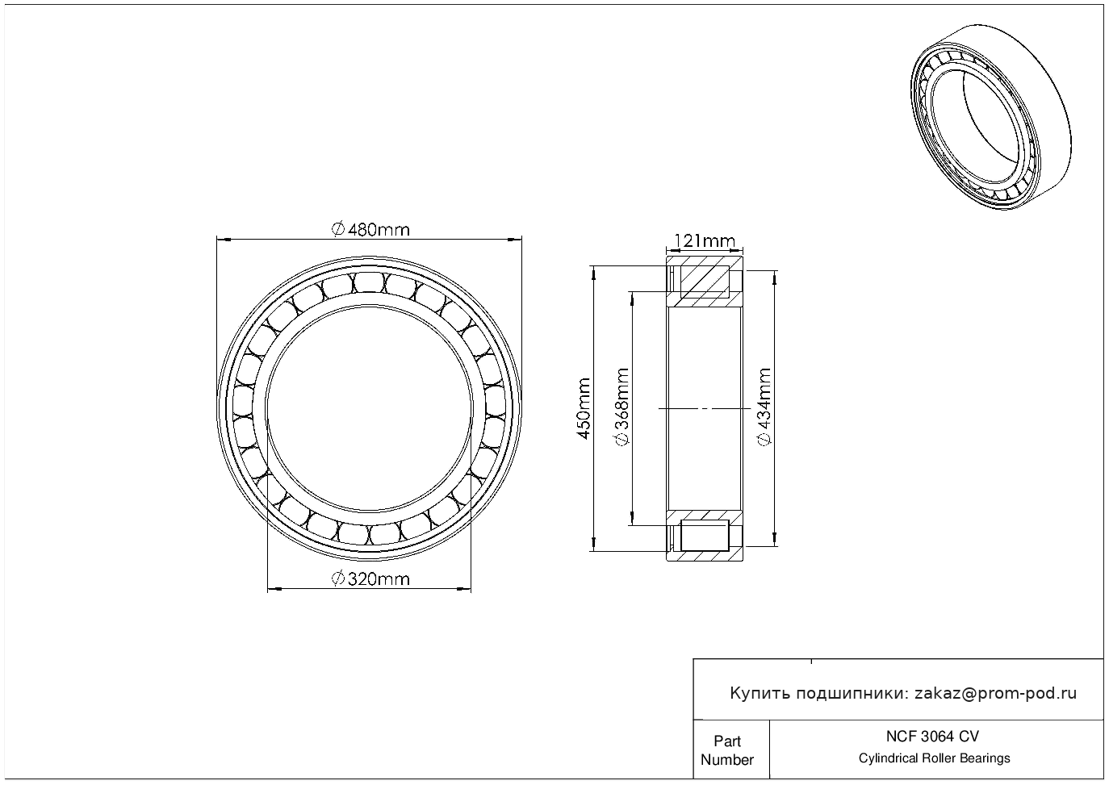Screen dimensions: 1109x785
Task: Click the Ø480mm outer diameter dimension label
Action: point(370,230)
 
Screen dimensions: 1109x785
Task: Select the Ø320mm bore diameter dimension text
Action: point(370,578)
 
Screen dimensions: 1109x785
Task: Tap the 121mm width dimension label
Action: point(705,241)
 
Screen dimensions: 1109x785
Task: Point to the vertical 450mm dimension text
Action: point(584,408)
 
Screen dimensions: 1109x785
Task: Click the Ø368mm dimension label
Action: point(621,407)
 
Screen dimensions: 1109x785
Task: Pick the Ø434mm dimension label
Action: point(764,407)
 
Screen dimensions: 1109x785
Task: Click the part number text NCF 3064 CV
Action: point(933,737)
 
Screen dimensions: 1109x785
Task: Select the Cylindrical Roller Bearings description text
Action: point(934,758)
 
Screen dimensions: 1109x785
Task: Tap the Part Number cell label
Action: point(726,750)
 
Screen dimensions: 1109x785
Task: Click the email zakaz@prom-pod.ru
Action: point(996,694)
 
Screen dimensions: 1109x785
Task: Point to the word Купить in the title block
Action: point(760,694)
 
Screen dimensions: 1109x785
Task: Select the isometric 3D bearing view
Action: point(990,117)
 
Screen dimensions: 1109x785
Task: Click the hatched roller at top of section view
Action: point(705,282)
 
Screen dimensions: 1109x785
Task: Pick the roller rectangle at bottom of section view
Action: point(705,536)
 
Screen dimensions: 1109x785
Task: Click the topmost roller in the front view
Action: point(370,282)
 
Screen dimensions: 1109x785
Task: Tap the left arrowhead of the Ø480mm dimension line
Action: point(224,240)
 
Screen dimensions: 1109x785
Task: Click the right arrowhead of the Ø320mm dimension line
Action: point(464,589)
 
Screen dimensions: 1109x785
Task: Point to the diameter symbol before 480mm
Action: point(337,230)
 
